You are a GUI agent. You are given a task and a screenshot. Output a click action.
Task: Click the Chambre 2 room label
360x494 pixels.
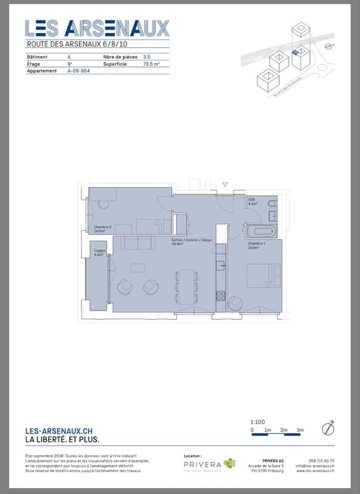[103, 229]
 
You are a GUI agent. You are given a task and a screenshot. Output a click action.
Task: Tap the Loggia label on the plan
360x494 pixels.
[99, 252]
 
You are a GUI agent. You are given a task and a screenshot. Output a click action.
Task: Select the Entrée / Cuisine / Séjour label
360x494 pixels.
[188, 242]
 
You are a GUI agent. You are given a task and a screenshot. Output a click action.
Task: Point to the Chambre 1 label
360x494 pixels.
[257, 246]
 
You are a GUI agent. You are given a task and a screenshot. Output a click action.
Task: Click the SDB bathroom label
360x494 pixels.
[252, 201]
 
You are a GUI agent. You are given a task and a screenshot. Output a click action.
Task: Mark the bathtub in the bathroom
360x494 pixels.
[262, 231]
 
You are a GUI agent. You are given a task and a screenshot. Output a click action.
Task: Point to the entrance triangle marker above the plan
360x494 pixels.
[225, 184]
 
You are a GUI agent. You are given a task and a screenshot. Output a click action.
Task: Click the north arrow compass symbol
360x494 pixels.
[329, 428]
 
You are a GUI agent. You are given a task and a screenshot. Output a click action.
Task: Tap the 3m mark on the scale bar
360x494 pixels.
[300, 430]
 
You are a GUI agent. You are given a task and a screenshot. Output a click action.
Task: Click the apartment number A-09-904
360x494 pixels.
[79, 70]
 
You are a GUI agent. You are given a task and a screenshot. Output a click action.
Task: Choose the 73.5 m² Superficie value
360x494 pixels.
[152, 64]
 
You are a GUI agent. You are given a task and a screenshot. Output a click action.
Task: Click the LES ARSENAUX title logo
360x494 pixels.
[97, 28]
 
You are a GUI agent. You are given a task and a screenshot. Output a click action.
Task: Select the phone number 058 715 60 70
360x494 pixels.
[321, 460]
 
